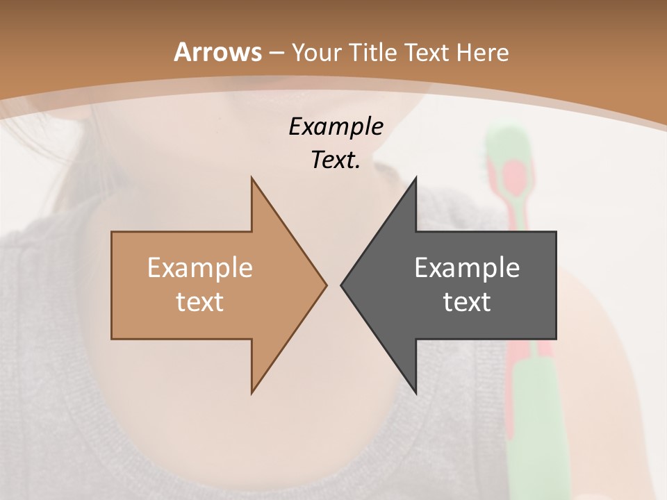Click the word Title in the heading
[x=372, y=52]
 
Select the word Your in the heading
[x=317, y=52]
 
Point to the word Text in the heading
[x=427, y=52]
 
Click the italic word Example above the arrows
[x=336, y=126]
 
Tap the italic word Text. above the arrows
[x=336, y=160]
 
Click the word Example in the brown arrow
[x=200, y=267]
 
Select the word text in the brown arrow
[x=200, y=302]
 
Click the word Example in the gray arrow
[x=467, y=267]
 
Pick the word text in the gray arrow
[x=467, y=302]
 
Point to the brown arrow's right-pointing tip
[x=325, y=285]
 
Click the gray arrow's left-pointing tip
[x=343, y=285]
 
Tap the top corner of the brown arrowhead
[x=252, y=179]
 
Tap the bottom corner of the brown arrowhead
[x=252, y=392]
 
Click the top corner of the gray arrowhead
[x=415, y=179]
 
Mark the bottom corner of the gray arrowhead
[x=415, y=392]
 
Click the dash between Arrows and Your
[x=276, y=53]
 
